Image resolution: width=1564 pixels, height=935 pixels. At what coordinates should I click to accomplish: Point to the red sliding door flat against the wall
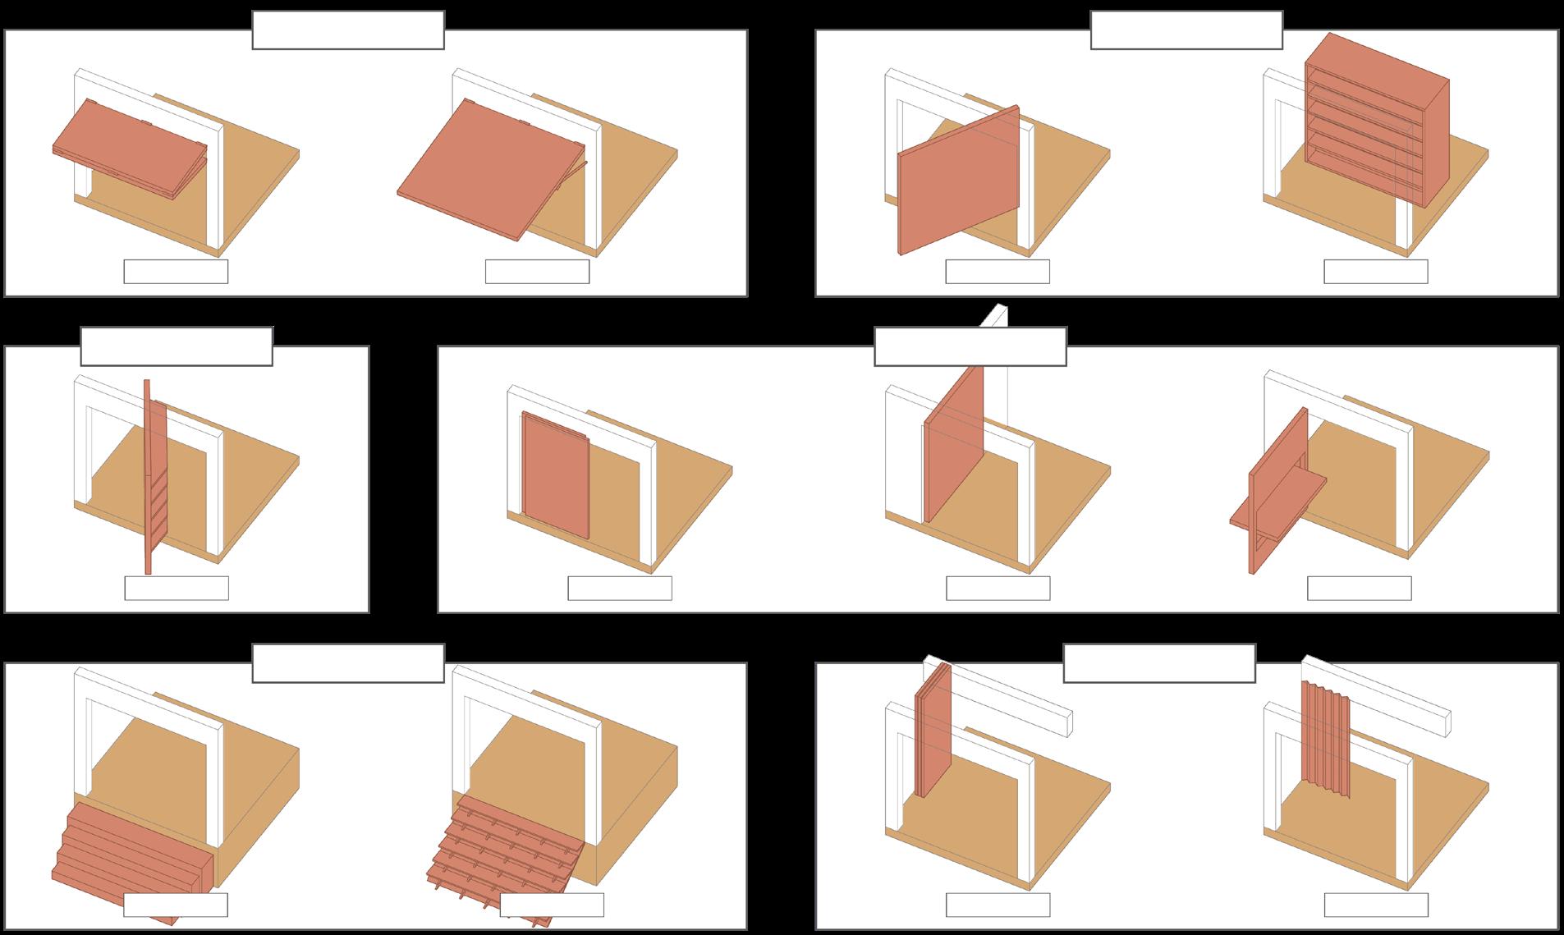click(x=554, y=476)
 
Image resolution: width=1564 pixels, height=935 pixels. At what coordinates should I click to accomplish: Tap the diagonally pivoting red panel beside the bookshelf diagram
click(x=959, y=181)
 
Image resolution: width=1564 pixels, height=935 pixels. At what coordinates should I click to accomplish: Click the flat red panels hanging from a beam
click(x=933, y=731)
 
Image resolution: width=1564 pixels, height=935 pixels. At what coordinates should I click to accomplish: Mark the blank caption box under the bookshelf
click(x=1375, y=272)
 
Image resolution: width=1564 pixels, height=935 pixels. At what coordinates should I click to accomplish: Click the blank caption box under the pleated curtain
click(x=1375, y=905)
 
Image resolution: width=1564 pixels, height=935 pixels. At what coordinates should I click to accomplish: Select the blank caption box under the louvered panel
click(x=177, y=588)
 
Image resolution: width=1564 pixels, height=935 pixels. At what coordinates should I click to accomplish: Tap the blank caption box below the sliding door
click(x=620, y=588)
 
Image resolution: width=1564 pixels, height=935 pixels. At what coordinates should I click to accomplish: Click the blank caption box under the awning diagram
click(x=176, y=272)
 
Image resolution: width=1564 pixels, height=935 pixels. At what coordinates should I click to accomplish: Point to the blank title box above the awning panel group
click(x=348, y=30)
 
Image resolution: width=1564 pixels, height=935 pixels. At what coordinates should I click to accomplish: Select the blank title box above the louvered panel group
click(x=177, y=346)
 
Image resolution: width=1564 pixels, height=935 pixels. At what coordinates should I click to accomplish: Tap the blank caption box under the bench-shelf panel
click(x=1359, y=588)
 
